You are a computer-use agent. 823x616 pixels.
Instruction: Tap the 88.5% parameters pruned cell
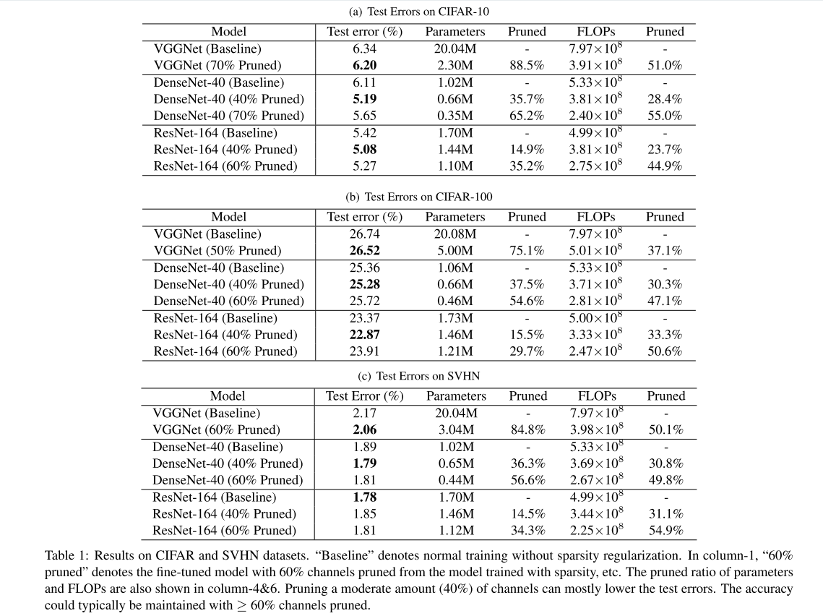[x=527, y=65]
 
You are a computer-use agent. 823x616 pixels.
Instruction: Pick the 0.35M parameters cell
[x=455, y=116]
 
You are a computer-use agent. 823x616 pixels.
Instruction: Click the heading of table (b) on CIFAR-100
[x=411, y=197]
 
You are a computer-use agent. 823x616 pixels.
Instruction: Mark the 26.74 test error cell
[x=364, y=234]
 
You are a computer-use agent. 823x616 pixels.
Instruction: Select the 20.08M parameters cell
[x=455, y=234]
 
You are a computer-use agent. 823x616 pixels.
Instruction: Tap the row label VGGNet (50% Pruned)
[x=217, y=251]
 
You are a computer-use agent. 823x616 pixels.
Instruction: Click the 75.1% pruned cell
[x=527, y=251]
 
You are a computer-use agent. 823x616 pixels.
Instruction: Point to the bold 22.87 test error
[x=364, y=335]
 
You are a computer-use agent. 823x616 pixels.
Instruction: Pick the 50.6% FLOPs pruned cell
[x=665, y=351]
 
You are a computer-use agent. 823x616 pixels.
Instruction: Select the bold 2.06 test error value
[x=364, y=430]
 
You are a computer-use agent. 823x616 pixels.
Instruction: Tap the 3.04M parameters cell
[x=456, y=430]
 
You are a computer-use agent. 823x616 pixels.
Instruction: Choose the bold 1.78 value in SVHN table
[x=364, y=497]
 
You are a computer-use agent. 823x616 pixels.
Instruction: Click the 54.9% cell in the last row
[x=665, y=531]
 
